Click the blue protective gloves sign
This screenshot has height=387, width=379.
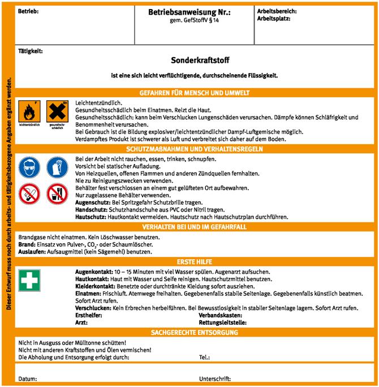56,167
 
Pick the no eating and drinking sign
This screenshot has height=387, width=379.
56,194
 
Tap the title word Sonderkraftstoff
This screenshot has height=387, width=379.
200,59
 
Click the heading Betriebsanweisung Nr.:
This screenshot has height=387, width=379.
189,12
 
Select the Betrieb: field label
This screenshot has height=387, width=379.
28,11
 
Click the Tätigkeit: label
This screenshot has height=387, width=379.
30,50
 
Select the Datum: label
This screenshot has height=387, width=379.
28,378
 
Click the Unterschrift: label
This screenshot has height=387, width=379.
216,378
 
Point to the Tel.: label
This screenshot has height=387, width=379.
205,358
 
